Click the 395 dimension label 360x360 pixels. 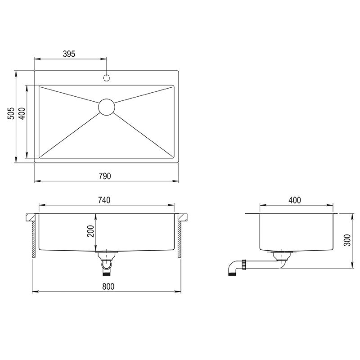[x=69, y=54]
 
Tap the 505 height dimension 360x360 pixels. [x=11, y=113]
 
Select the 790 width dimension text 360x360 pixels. [x=105, y=176]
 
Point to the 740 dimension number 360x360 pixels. [x=104, y=200]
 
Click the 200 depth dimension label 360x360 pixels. [x=90, y=231]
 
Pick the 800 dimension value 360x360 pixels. [x=108, y=287]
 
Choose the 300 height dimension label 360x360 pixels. [x=347, y=240]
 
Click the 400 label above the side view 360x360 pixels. [x=295, y=200]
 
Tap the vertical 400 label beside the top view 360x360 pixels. [x=22, y=113]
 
